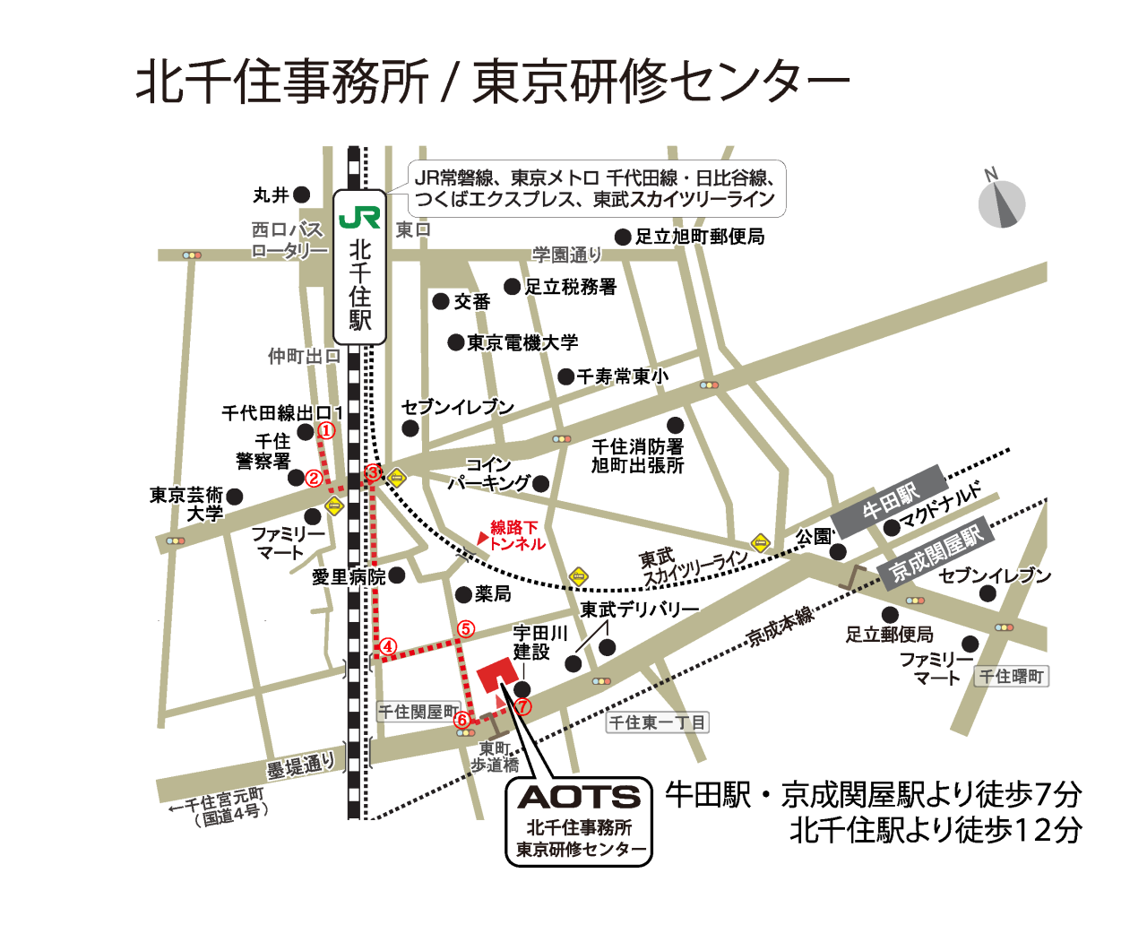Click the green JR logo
click(x=359, y=218)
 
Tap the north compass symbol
click(x=1001, y=203)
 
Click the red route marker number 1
click(x=327, y=431)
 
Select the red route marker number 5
click(x=465, y=629)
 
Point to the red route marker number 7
click(x=523, y=707)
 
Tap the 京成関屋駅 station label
click(x=936, y=549)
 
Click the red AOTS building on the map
click(x=496, y=677)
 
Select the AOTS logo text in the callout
click(x=579, y=797)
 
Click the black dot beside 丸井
click(x=302, y=195)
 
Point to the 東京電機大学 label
click(x=522, y=342)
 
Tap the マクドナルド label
click(x=941, y=504)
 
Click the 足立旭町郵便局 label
click(x=700, y=237)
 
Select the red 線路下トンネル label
click(x=515, y=535)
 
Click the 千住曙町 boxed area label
click(x=1013, y=677)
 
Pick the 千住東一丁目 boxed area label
click(x=658, y=722)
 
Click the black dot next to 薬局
click(x=463, y=594)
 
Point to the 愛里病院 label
click(x=349, y=576)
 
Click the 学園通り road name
click(x=566, y=255)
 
